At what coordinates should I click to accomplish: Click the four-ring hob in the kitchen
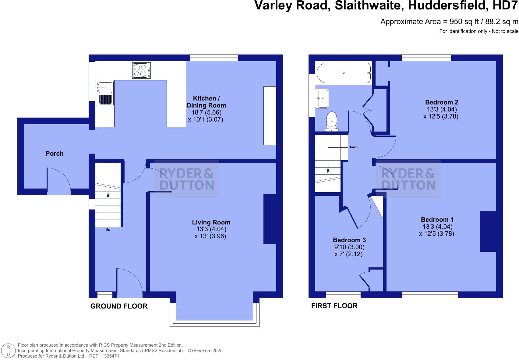141,70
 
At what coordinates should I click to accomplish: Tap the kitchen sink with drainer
105,93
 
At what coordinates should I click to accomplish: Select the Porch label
55,154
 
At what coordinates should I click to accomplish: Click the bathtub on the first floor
344,73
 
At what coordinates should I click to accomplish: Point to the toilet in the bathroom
332,121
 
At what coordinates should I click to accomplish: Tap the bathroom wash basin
322,98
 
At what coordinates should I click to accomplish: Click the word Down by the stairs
353,147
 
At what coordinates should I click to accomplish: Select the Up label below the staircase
108,229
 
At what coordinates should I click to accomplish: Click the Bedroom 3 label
349,240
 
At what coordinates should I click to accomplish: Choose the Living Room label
211,222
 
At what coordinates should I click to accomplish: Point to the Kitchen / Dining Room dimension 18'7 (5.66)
206,112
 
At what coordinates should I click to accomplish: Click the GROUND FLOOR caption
119,306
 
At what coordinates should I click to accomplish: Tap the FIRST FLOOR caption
334,306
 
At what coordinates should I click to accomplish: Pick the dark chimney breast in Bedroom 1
488,231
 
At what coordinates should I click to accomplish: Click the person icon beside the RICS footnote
9,351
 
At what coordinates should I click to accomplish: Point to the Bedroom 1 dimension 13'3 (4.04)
437,227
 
